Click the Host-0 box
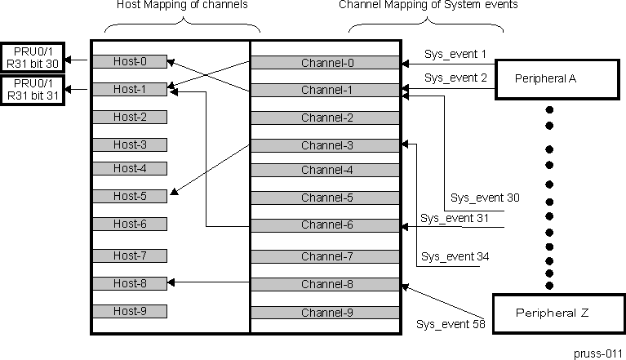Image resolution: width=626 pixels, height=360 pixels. (130, 61)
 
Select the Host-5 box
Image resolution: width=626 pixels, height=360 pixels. (130, 196)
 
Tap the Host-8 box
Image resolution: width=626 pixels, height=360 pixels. (130, 283)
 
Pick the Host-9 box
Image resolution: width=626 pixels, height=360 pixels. (130, 311)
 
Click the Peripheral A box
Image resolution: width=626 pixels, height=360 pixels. (558, 79)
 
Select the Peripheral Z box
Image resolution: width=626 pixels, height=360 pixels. (558, 312)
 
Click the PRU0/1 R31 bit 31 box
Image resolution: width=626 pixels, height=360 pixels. (32, 89)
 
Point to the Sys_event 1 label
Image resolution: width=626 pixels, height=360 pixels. (455, 55)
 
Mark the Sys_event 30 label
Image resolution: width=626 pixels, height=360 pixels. (485, 198)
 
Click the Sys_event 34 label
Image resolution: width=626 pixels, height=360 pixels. (455, 256)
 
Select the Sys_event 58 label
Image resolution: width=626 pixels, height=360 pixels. (451, 324)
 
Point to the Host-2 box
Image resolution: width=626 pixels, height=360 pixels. (130, 117)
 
